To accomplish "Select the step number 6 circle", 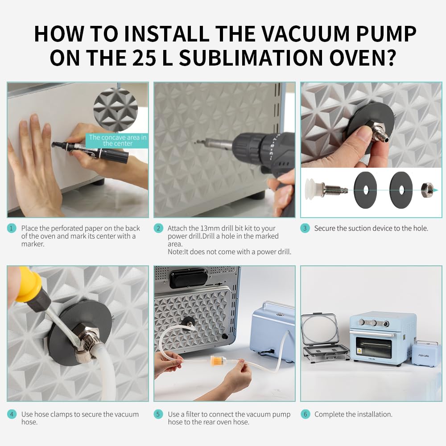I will (x=305, y=414).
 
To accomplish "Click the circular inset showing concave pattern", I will (x=116, y=110).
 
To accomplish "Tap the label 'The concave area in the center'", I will (x=117, y=140).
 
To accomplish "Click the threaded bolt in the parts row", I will (x=334, y=189).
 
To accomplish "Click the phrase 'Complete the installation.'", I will (x=353, y=414).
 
